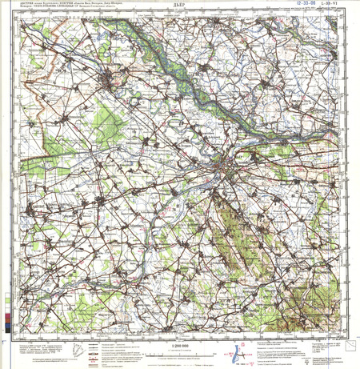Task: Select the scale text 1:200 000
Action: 181,343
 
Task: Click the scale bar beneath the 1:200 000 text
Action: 181,350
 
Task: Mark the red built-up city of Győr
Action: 228,166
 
